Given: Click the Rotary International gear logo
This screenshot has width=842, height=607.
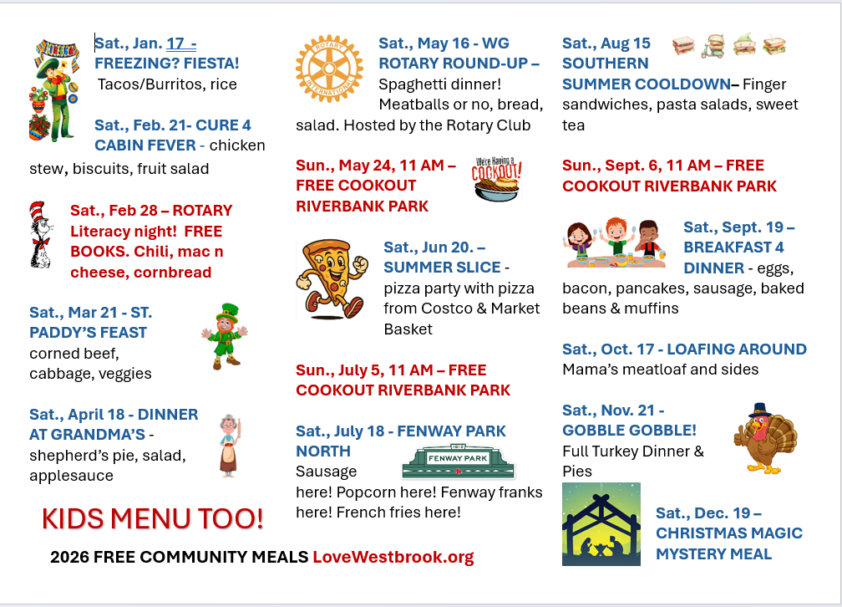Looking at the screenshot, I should pyautogui.click(x=329, y=69).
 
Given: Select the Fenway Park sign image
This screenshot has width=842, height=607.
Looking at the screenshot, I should pyautogui.click(x=458, y=461).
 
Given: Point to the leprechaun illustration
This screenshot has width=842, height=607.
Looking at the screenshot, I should pyautogui.click(x=224, y=336).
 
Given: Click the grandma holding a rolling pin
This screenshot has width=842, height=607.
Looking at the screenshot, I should pyautogui.click(x=228, y=445).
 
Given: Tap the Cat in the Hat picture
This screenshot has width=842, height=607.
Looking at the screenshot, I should pyautogui.click(x=41, y=235).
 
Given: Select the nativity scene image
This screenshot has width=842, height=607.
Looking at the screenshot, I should pyautogui.click(x=601, y=524).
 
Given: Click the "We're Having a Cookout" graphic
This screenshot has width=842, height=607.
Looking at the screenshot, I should pyautogui.click(x=498, y=178).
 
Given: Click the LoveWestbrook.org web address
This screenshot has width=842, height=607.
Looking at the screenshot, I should pyautogui.click(x=393, y=557).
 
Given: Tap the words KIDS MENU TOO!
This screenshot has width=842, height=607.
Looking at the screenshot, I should pyautogui.click(x=153, y=518).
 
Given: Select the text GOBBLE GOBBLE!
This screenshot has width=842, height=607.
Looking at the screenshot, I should pyautogui.click(x=629, y=431).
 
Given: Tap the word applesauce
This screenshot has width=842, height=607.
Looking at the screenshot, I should pyautogui.click(x=71, y=476).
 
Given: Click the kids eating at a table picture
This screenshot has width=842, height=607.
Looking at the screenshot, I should pyautogui.click(x=615, y=242).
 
